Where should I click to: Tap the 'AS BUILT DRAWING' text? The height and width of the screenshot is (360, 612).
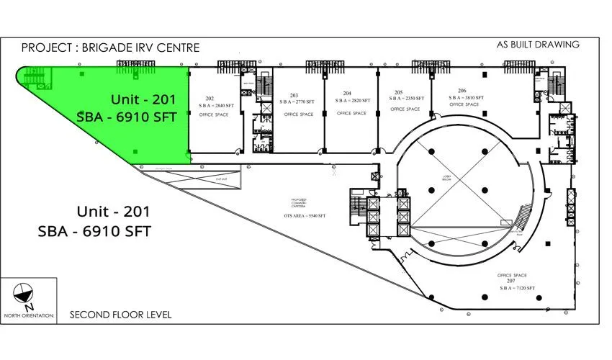538,45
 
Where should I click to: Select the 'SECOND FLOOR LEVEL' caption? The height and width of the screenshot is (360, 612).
120,315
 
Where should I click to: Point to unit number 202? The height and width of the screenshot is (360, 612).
210,98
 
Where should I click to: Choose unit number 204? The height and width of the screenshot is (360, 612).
347,94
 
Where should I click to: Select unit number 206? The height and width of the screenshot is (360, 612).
462,91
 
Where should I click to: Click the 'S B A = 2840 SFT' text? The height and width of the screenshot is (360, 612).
214,105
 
